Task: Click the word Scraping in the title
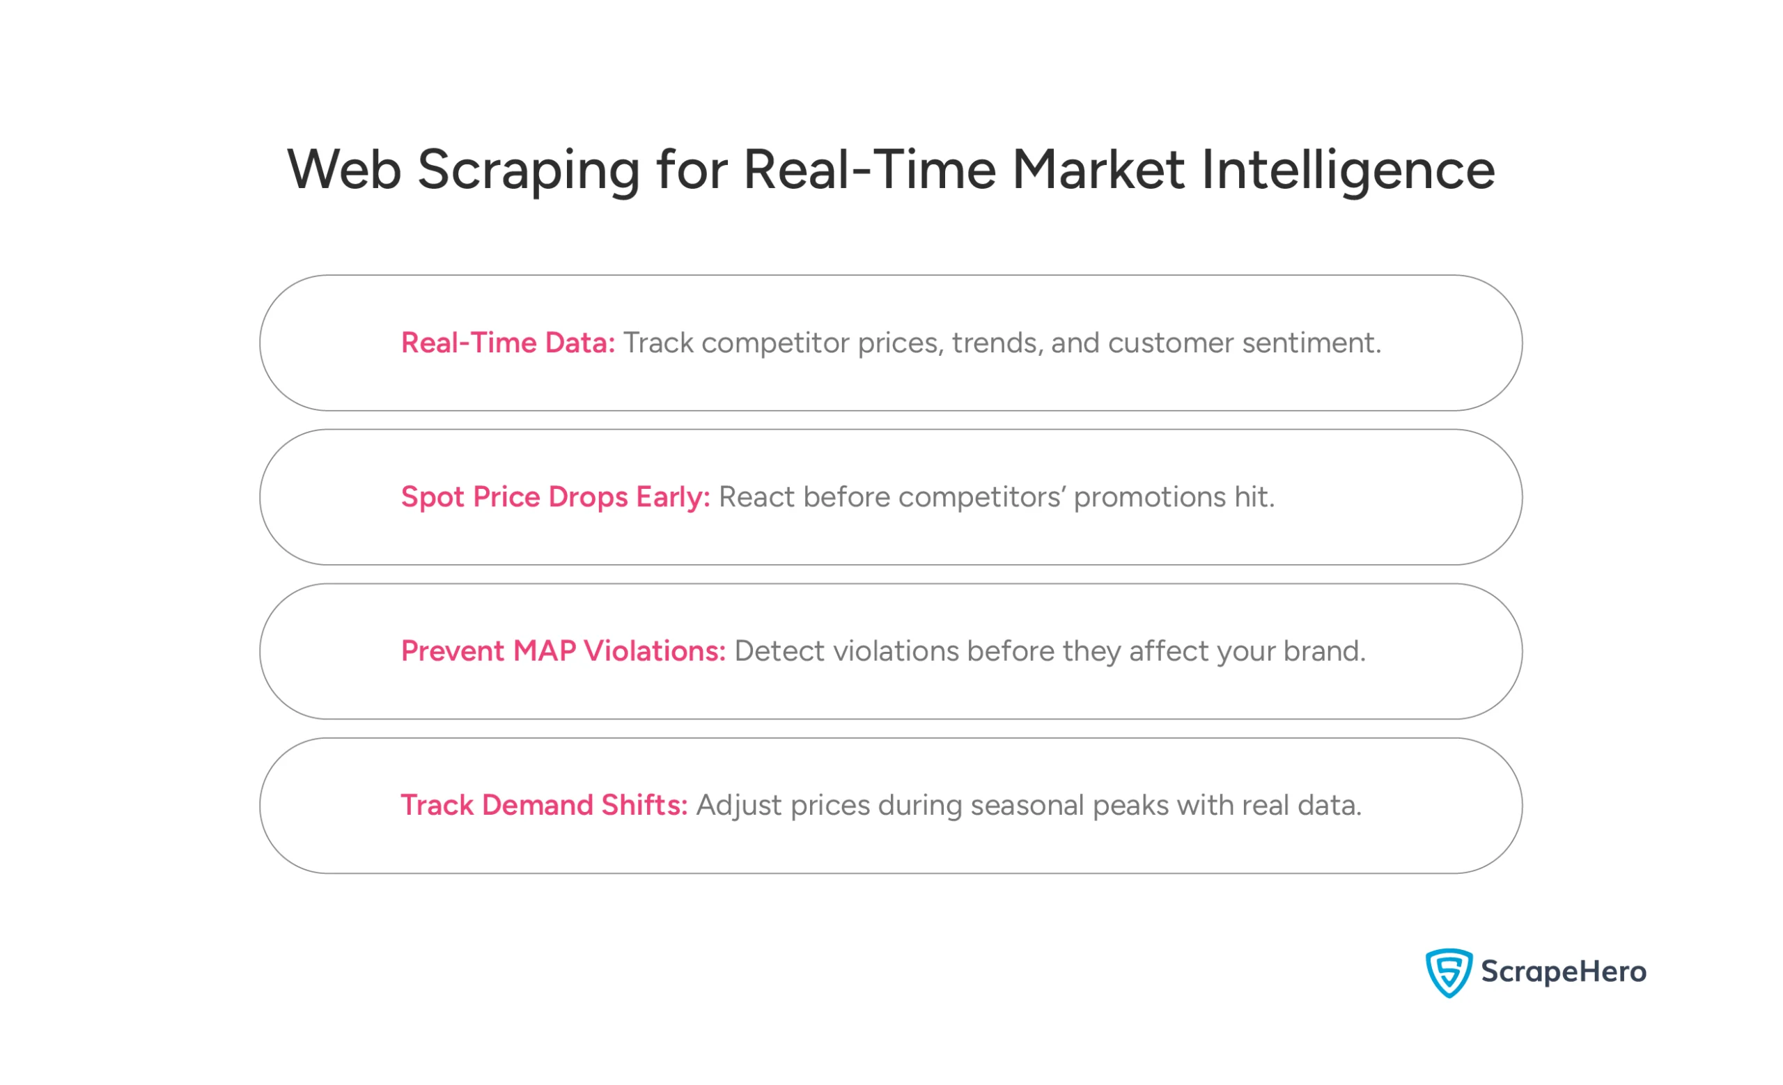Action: [x=528, y=171]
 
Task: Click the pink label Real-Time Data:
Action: [x=507, y=343]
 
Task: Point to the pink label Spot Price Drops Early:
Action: [x=555, y=497]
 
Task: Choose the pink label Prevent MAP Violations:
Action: [x=563, y=651]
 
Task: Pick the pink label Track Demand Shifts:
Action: [x=543, y=805]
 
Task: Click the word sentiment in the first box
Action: [x=1311, y=343]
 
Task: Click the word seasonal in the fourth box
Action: [x=1027, y=805]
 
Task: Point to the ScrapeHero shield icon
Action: [x=1448, y=972]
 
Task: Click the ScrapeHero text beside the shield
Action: [x=1563, y=971]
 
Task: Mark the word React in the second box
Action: [x=756, y=497]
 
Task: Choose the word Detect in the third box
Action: [x=779, y=651]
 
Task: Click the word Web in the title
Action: [x=344, y=171]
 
